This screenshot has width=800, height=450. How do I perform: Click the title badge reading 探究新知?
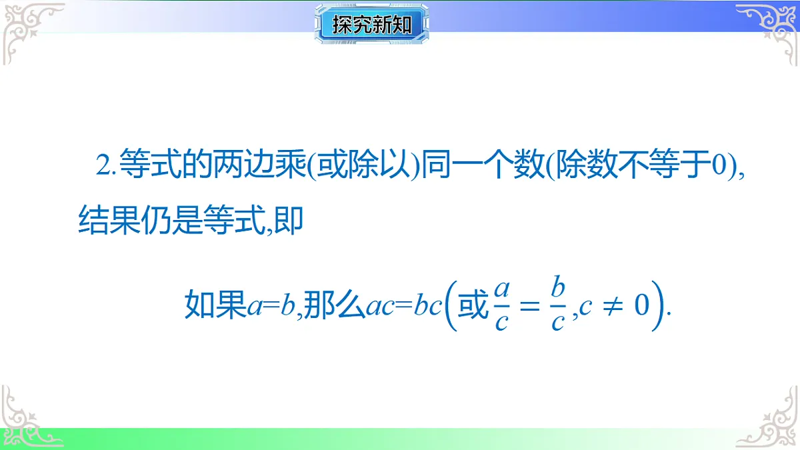click(x=371, y=25)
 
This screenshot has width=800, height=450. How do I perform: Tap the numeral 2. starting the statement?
click(x=106, y=167)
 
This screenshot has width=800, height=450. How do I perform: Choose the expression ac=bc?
click(x=404, y=307)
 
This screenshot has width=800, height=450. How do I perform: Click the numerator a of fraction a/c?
click(x=503, y=289)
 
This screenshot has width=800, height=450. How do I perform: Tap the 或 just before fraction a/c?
click(x=474, y=307)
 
